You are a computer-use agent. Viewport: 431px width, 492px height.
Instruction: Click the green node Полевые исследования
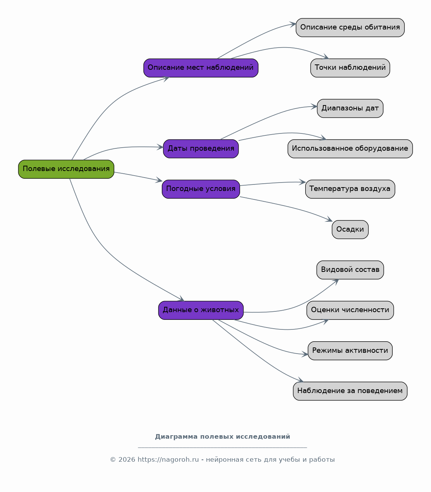(x=66, y=169)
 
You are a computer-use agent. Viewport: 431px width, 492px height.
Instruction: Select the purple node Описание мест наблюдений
(x=201, y=68)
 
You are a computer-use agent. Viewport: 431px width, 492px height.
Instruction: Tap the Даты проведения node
(x=201, y=149)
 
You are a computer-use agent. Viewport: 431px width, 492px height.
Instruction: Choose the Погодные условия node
(x=201, y=189)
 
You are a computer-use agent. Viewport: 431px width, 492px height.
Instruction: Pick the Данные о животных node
(x=201, y=310)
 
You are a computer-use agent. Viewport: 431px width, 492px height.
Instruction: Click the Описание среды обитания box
(x=350, y=28)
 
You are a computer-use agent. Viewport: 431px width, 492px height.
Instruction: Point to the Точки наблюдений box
(x=350, y=68)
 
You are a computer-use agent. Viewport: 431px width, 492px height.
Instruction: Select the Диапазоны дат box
(x=350, y=108)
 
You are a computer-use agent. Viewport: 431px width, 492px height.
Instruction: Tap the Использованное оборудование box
(x=350, y=149)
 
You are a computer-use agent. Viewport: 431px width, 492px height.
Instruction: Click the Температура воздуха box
(x=350, y=189)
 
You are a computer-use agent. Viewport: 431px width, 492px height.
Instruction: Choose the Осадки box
(x=350, y=229)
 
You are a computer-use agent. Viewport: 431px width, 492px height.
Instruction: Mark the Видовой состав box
(x=350, y=270)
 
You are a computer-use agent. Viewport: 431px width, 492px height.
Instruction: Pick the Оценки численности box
(x=350, y=310)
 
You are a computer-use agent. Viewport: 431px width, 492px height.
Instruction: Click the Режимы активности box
(x=350, y=350)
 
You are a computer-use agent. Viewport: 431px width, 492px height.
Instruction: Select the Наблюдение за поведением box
(x=350, y=391)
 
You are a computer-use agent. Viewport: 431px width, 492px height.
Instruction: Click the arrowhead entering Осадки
(x=329, y=219)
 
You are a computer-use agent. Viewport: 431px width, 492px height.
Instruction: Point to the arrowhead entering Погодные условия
(x=160, y=180)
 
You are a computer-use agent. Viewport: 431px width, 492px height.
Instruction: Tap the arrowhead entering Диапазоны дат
(x=314, y=107)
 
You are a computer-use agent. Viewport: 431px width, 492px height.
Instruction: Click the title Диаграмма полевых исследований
(x=222, y=436)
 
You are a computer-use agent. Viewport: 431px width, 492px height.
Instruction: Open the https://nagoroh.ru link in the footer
(x=168, y=459)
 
